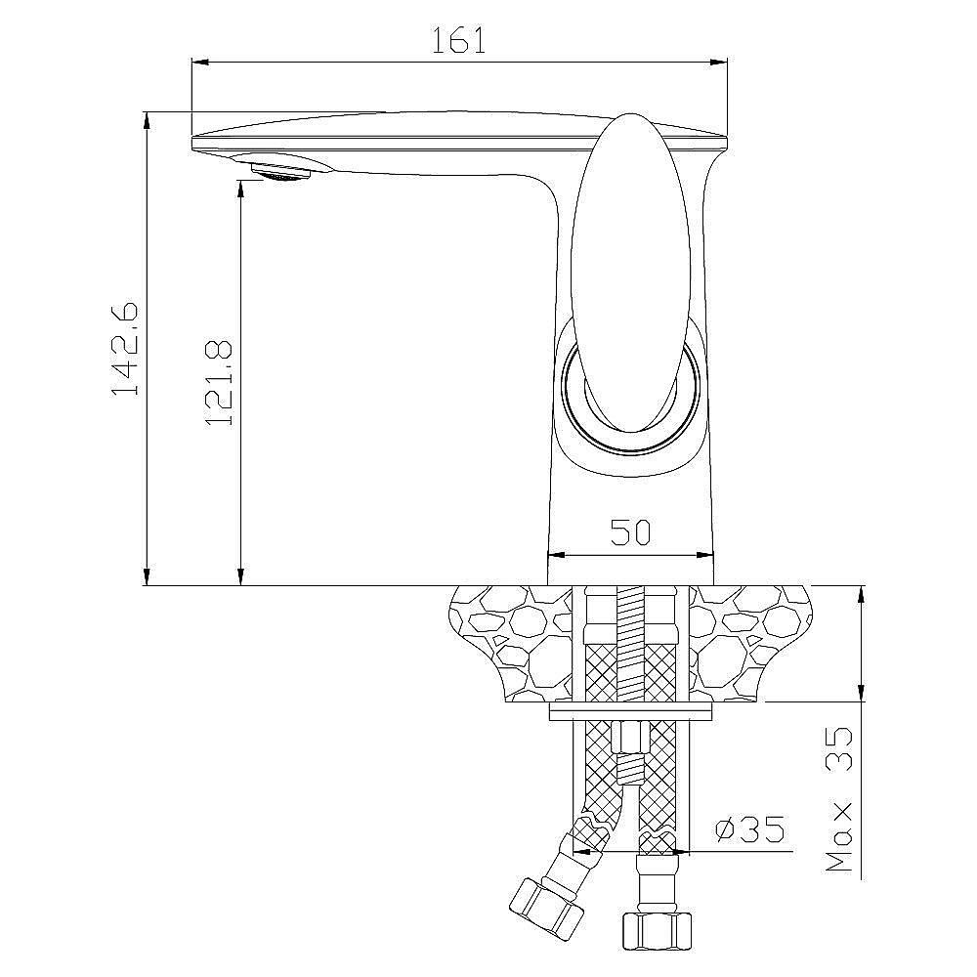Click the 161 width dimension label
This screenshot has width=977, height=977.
tap(458, 40)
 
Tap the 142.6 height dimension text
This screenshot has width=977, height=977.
tap(125, 349)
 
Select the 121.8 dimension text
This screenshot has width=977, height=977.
tap(219, 383)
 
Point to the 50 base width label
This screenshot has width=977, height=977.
tap(630, 532)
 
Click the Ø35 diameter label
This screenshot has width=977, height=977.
tap(749, 829)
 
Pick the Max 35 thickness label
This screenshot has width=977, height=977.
tap(839, 800)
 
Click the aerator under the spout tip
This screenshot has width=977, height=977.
tap(281, 171)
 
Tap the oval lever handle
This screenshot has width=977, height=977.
tap(630, 273)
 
